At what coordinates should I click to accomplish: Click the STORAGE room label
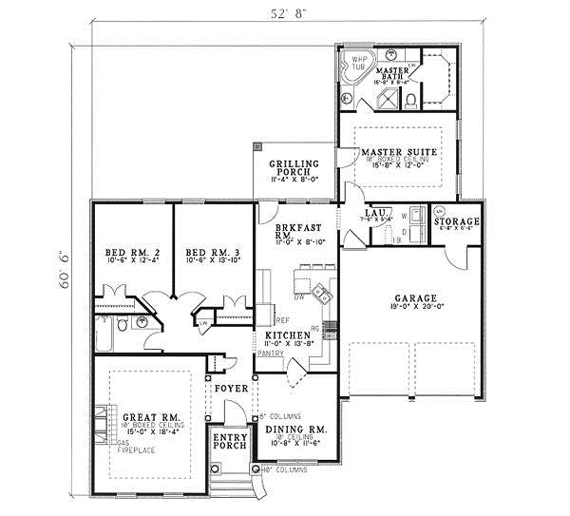[x=457, y=222]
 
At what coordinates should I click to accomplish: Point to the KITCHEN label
[x=288, y=336]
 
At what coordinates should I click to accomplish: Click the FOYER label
[x=231, y=390]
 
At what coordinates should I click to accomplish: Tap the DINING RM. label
[x=295, y=430]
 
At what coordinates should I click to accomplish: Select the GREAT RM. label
[x=151, y=418]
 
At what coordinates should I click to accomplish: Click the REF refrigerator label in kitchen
[x=282, y=320]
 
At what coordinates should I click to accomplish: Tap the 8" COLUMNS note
[x=281, y=416]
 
